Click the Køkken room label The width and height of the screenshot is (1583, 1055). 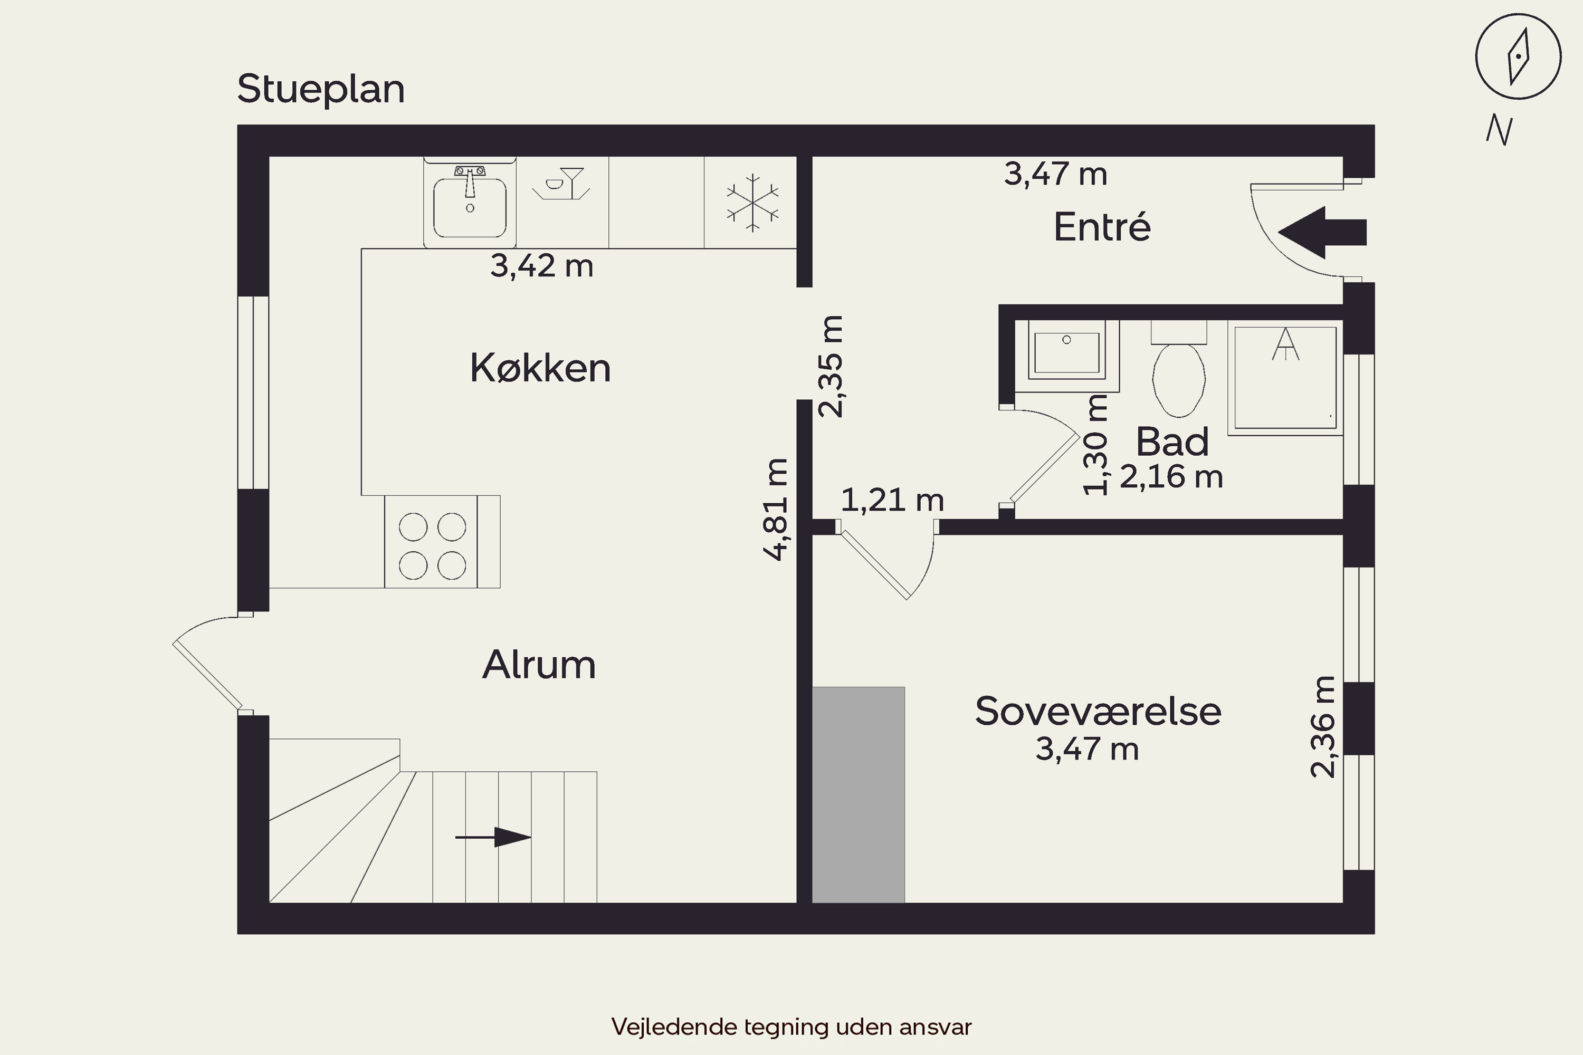click(540, 368)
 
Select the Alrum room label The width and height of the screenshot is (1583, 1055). click(539, 665)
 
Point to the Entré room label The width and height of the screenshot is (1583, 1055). click(1102, 226)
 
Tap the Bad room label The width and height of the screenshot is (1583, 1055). click(1172, 442)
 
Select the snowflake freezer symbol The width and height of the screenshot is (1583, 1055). click(752, 203)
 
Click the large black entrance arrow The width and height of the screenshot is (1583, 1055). click(1322, 233)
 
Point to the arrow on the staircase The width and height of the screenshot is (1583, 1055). click(493, 837)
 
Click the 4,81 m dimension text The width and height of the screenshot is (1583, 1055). click(775, 510)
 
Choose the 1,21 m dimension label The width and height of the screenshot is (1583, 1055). click(892, 500)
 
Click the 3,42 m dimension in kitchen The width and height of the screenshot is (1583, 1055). click(542, 266)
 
